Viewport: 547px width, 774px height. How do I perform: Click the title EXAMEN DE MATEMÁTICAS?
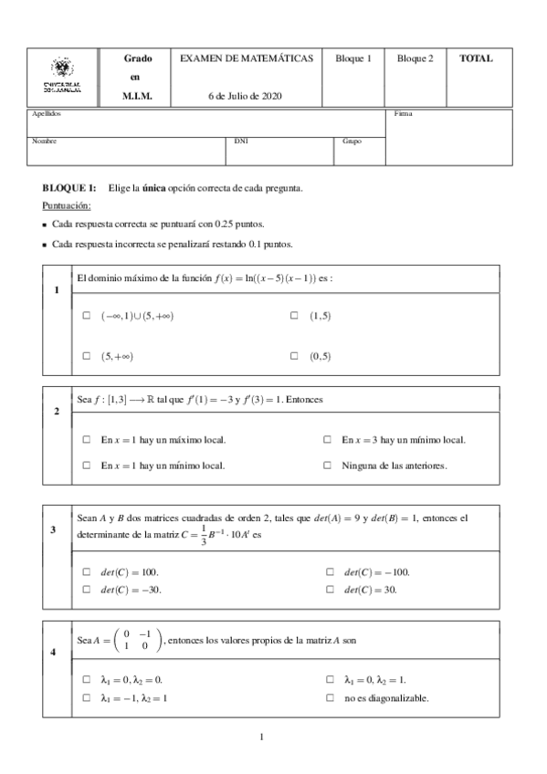(247, 58)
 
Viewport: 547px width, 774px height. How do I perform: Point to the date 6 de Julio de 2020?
(247, 96)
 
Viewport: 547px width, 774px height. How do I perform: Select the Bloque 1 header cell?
(353, 58)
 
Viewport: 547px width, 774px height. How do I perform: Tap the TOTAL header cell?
(476, 58)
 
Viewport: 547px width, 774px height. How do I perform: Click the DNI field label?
(241, 141)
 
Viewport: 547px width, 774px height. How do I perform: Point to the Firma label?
(403, 114)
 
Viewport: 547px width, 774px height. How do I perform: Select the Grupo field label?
(352, 141)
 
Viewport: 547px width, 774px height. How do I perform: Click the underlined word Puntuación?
(67, 205)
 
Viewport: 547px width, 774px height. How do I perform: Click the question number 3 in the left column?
(56, 528)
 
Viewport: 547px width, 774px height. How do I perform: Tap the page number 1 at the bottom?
(261, 737)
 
